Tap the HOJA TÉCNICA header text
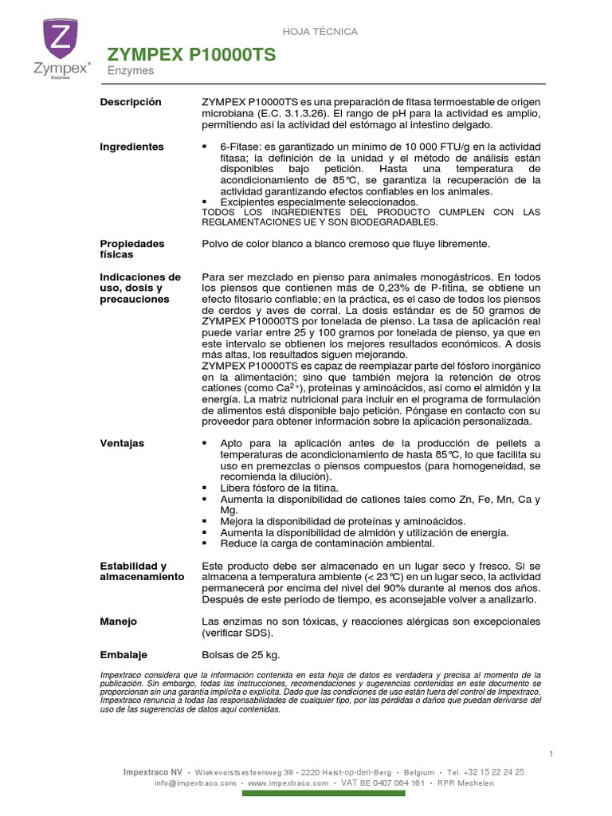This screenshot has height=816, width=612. [x=321, y=31]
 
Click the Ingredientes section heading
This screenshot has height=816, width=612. [x=131, y=147]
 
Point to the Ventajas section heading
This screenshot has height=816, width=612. [x=123, y=442]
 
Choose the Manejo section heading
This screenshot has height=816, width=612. [x=118, y=621]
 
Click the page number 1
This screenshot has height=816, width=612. [x=551, y=754]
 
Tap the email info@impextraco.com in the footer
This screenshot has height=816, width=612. [x=195, y=783]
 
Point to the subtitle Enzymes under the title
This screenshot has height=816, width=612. [x=131, y=71]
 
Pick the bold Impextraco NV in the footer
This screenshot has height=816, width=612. [x=152, y=772]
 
